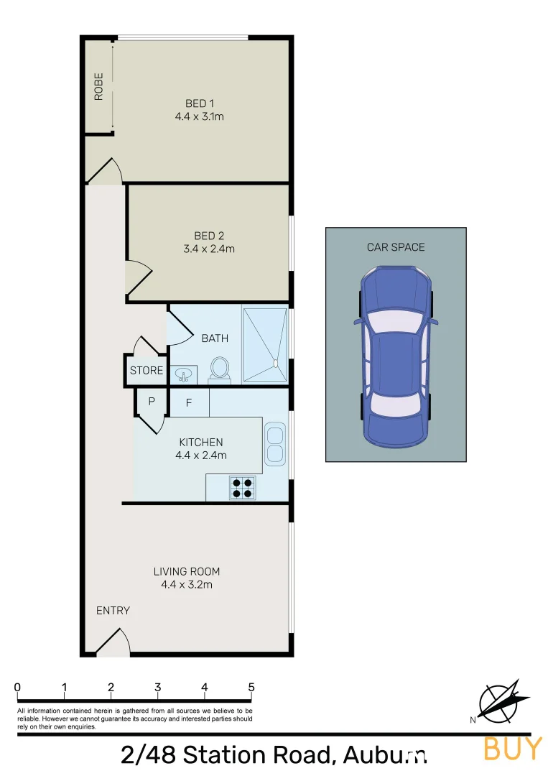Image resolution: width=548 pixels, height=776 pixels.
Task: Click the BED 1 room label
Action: pyautogui.click(x=200, y=104)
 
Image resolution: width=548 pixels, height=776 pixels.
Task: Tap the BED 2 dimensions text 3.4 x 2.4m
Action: pyautogui.click(x=209, y=249)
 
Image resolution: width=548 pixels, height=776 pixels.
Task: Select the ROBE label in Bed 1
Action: pyautogui.click(x=98, y=86)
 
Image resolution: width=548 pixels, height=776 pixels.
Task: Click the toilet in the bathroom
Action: pyautogui.click(x=219, y=369)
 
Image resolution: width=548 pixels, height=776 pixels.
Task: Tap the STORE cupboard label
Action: pyautogui.click(x=147, y=371)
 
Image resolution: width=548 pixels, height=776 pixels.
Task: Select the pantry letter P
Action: pyautogui.click(x=152, y=402)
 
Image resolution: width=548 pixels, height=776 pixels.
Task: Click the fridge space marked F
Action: pyautogui.click(x=189, y=403)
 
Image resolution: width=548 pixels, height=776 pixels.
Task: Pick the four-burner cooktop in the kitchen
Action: pyautogui.click(x=242, y=487)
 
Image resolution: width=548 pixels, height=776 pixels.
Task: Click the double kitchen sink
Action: pyautogui.click(x=274, y=443)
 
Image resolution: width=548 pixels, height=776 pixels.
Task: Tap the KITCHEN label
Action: pyautogui.click(x=201, y=443)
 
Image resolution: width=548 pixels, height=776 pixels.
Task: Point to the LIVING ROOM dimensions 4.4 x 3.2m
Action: pyautogui.click(x=187, y=585)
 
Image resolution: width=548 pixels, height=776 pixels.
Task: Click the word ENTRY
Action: pyautogui.click(x=113, y=611)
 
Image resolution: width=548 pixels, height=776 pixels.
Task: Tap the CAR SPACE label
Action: pyautogui.click(x=396, y=247)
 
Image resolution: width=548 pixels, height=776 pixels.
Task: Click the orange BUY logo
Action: pyautogui.click(x=513, y=748)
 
